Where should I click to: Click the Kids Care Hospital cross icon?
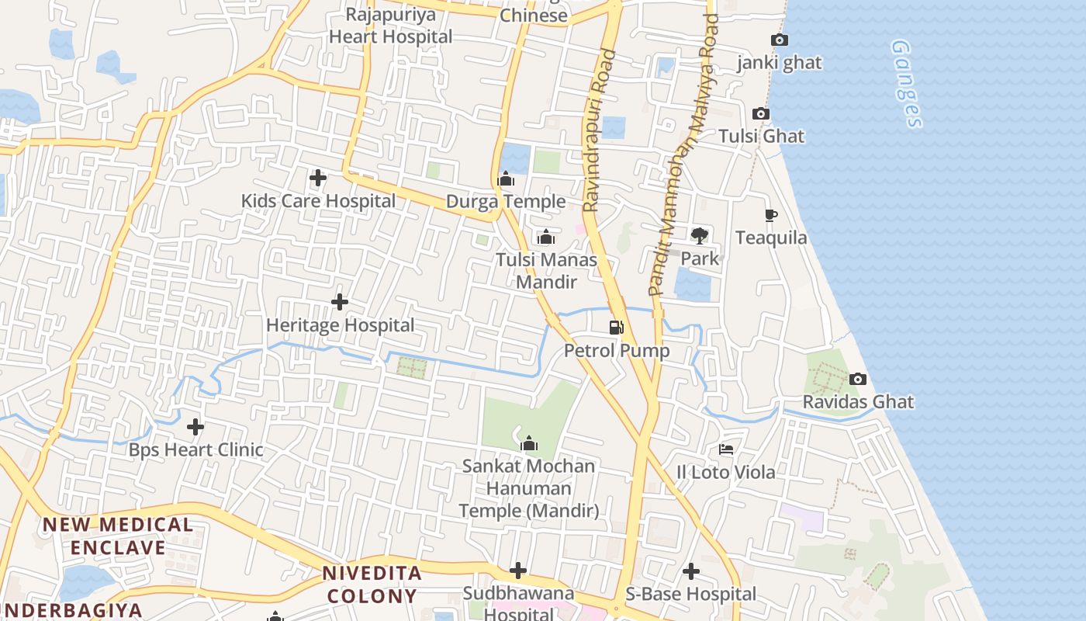[x=318, y=178]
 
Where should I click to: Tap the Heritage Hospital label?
[x=340, y=325]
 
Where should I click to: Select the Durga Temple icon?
[x=506, y=180]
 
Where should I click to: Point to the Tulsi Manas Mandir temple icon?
[x=546, y=237]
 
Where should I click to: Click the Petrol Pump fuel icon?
[x=617, y=328]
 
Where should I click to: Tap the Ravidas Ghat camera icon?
[x=858, y=379]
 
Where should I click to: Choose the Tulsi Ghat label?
[x=761, y=137]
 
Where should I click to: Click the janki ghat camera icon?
[x=780, y=40]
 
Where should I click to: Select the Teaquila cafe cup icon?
[x=770, y=215]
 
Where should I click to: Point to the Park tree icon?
[x=700, y=235]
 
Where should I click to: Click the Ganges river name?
[x=906, y=84]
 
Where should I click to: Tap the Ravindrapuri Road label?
[x=600, y=130]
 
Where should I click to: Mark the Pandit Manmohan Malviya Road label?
[x=680, y=155]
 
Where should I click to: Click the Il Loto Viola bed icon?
[x=726, y=449]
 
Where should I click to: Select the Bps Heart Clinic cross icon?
[x=195, y=427]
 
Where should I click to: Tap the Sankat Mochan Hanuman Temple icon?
[x=529, y=443]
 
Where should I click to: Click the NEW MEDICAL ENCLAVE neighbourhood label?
[x=118, y=536]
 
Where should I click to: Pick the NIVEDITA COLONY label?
[x=372, y=585]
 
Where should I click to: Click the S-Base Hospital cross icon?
[x=691, y=572]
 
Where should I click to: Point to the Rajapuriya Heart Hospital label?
[x=391, y=26]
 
